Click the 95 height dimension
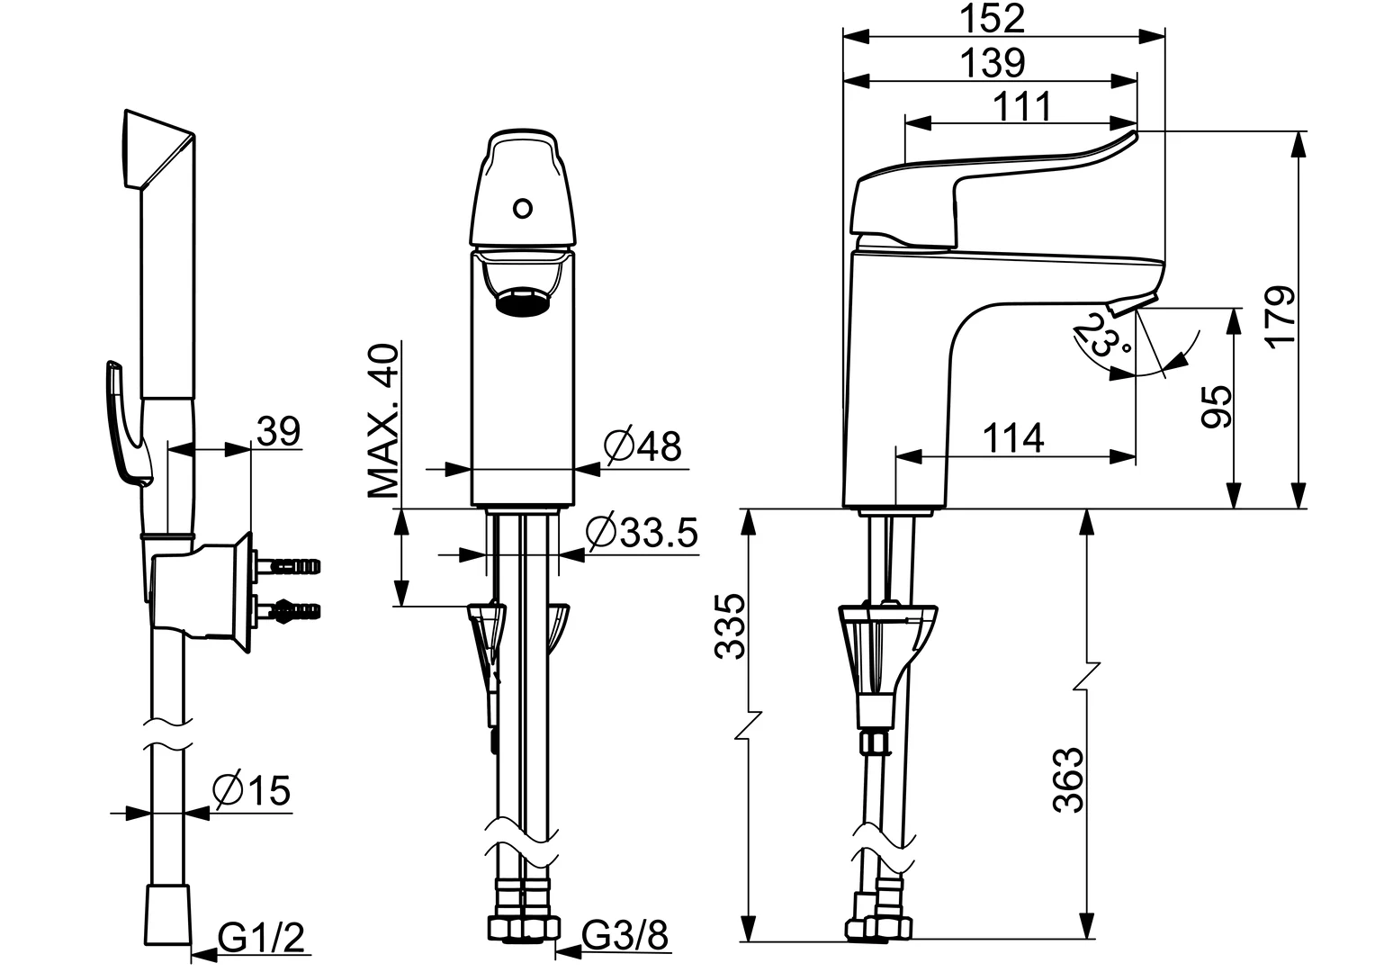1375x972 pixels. pos(1216,408)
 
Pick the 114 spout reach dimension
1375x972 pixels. pos(1013,438)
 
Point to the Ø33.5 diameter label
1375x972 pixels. pos(642,533)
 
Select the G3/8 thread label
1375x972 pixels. pos(626,937)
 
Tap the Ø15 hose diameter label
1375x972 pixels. pos(252,791)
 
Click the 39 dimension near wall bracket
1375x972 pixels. pos(278,432)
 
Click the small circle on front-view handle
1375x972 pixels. pos(521,210)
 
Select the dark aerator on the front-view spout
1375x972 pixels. pos(521,301)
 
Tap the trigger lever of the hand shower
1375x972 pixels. pos(122,423)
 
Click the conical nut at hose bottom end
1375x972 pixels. pos(168,915)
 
